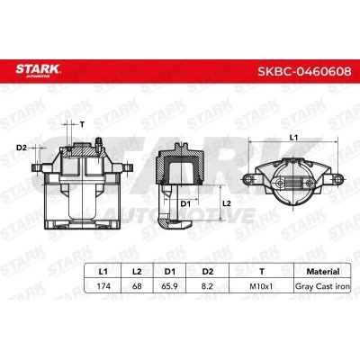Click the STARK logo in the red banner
[x=38, y=70]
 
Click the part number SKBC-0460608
[x=304, y=71]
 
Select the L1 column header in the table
[x=103, y=272]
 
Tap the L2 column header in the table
[x=137, y=272]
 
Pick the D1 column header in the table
[x=170, y=272]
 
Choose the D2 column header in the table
[x=207, y=272]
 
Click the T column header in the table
[x=262, y=272]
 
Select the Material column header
[x=323, y=272]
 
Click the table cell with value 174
[x=103, y=286]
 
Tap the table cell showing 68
[x=137, y=286]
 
